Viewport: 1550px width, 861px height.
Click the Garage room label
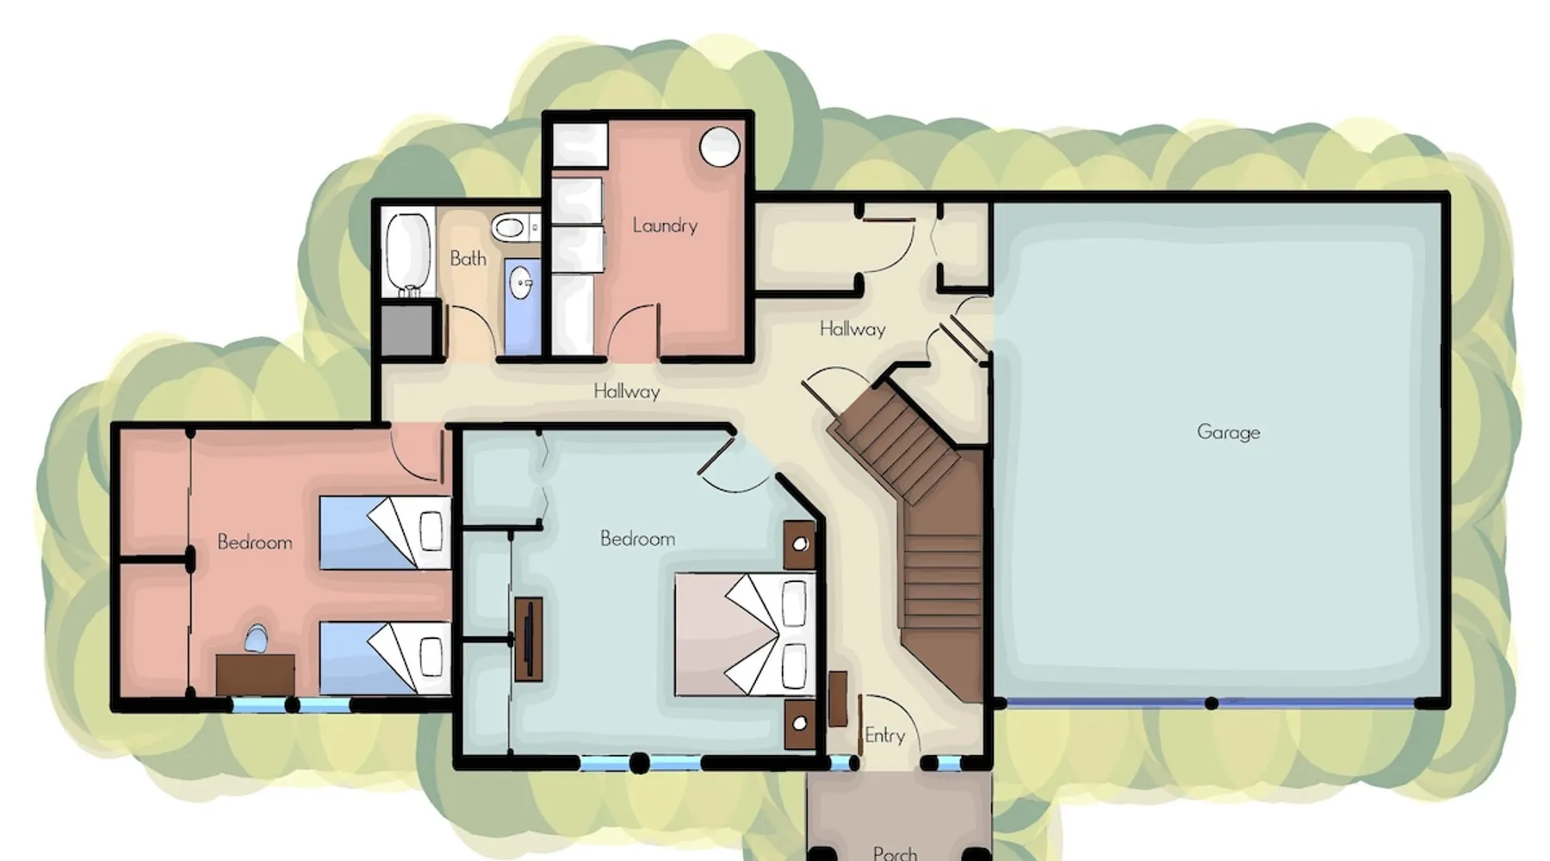tap(1228, 432)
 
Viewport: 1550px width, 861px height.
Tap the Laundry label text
tap(665, 226)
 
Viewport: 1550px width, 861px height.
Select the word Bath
tap(468, 258)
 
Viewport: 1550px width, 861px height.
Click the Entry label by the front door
tap(885, 735)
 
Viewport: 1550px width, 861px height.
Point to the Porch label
tap(895, 852)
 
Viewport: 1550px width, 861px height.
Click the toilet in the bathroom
tap(512, 228)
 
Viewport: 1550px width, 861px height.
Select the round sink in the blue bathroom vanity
tap(521, 281)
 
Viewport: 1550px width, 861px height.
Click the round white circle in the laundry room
tap(720, 146)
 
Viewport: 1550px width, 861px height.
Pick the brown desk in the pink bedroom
tap(255, 674)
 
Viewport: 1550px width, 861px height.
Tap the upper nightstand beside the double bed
tap(800, 544)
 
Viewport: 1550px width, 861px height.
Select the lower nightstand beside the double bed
tap(800, 723)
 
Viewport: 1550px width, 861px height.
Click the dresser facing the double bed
tap(529, 639)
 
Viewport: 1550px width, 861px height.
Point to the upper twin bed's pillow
tap(431, 531)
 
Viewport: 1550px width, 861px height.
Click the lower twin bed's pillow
tap(431, 659)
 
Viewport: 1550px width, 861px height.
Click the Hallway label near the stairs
tap(852, 329)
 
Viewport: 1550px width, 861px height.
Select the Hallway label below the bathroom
tap(627, 392)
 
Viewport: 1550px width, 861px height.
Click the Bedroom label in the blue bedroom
tap(637, 539)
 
